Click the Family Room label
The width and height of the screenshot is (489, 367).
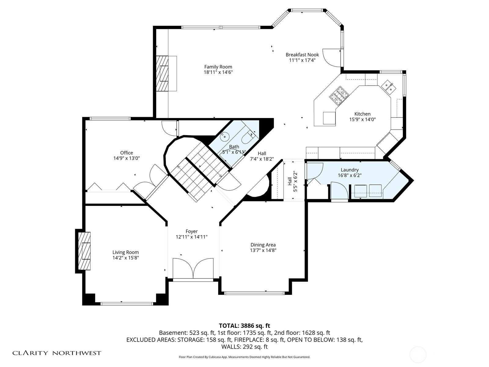click(x=218, y=67)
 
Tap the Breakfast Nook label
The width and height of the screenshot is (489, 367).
click(x=302, y=55)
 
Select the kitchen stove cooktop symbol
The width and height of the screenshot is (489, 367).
click(x=339, y=96)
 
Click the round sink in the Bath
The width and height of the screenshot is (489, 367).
click(x=225, y=137)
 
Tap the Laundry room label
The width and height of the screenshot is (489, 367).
click(x=350, y=170)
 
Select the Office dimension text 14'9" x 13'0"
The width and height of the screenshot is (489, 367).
click(x=127, y=158)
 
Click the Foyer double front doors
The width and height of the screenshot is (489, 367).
click(x=193, y=268)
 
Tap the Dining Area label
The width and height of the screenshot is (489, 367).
click(x=263, y=245)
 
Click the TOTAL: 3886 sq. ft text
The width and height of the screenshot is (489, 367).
click(x=244, y=325)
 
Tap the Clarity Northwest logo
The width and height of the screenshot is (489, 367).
click(x=57, y=353)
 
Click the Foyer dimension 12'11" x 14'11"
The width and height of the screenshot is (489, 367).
click(x=192, y=237)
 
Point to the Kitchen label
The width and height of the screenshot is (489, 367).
click(x=362, y=114)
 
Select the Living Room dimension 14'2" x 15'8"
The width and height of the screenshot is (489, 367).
click(x=126, y=258)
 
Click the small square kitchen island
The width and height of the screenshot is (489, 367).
click(x=329, y=118)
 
